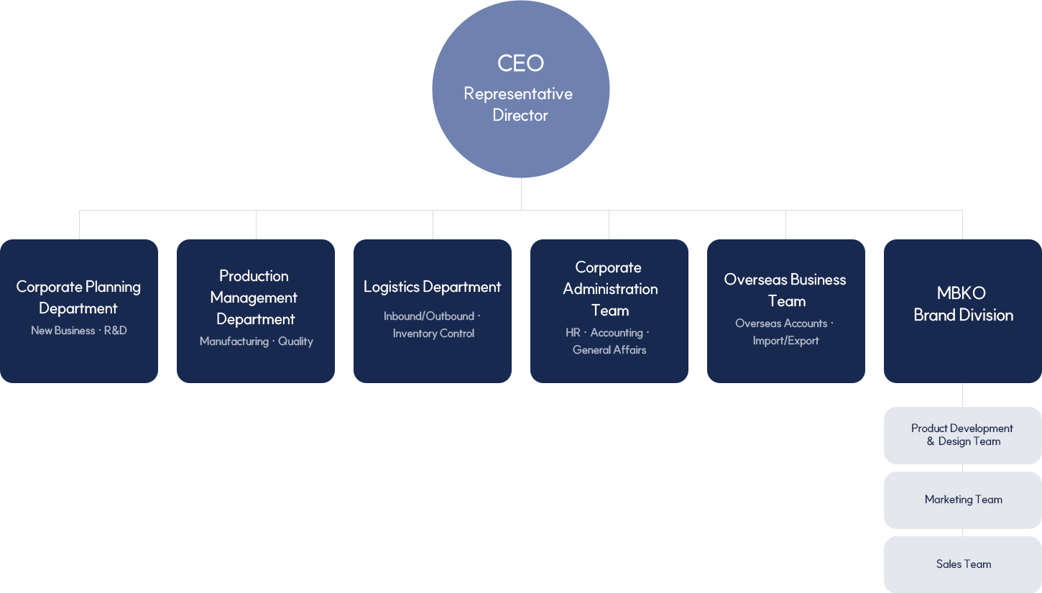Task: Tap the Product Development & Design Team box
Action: [x=963, y=435]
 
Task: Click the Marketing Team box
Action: [x=963, y=500]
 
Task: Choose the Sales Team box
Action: [x=963, y=564]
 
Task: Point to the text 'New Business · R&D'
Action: [x=79, y=331]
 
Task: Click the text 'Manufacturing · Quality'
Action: [x=257, y=341]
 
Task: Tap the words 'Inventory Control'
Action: [x=433, y=334]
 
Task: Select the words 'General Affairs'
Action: [x=609, y=350]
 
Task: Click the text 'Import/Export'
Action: [x=785, y=341]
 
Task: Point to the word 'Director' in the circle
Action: [x=520, y=115]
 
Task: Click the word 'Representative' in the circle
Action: [x=518, y=94]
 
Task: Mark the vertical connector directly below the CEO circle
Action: [x=521, y=194]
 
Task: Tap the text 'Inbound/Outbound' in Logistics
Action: [x=429, y=316]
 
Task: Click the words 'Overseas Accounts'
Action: [x=781, y=323]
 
